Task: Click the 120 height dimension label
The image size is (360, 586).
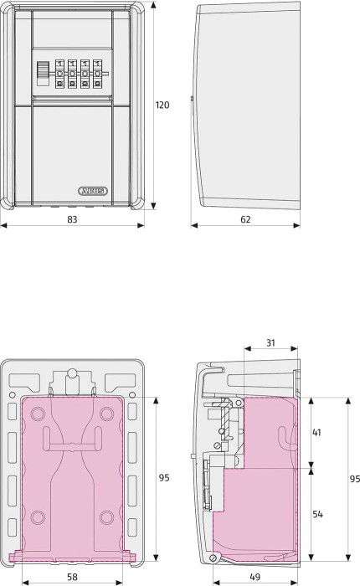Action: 162,105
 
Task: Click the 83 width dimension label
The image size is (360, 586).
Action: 72,219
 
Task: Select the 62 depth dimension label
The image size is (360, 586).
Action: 245,219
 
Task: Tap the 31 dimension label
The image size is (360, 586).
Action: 270,342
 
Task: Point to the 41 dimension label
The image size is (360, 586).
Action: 316,433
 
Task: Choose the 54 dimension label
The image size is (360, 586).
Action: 317,514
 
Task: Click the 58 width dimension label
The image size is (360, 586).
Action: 72,577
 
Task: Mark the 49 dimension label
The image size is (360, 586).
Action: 255,577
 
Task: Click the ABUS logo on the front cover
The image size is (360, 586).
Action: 93,191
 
